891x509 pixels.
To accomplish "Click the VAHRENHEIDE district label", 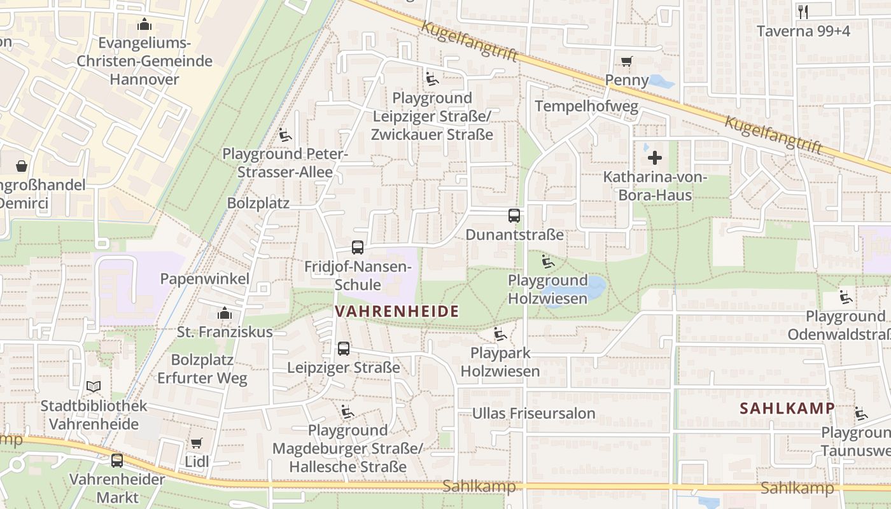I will tap(396, 311).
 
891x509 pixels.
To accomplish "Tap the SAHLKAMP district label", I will tap(787, 408).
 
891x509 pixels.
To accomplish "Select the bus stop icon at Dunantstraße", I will tap(514, 216).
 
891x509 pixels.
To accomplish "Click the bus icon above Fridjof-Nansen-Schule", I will tap(358, 248).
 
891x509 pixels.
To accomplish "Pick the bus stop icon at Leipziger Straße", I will tap(344, 349).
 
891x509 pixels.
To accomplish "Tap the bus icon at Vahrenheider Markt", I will tap(117, 460).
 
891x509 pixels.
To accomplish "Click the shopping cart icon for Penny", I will tap(627, 62).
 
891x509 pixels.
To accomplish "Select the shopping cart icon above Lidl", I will tap(197, 443).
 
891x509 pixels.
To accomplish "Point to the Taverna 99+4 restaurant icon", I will tap(803, 11).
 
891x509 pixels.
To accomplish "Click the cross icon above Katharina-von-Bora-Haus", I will tap(655, 158).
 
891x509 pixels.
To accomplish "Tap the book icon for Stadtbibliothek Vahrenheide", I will tap(94, 386).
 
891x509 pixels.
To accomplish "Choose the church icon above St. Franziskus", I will tap(224, 313).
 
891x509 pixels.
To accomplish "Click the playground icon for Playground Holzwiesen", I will tap(547, 261).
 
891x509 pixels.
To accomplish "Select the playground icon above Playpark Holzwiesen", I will tap(500, 334).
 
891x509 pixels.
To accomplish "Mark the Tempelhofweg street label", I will tap(586, 106).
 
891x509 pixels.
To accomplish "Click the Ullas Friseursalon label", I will tap(533, 414).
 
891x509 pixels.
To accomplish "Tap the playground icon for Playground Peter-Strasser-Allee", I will tap(284, 135).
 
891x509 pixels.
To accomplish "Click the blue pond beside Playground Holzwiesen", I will tap(595, 288).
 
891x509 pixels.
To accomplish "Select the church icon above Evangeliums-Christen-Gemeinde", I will tap(144, 25).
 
